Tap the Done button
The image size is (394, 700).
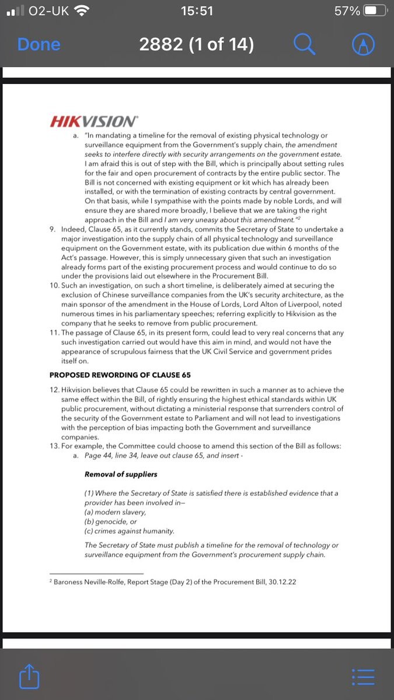[39, 44]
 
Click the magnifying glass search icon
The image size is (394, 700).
[304, 44]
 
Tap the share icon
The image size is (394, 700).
[29, 677]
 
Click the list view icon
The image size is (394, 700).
[363, 677]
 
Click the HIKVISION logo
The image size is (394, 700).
[94, 121]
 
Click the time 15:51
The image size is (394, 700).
[197, 11]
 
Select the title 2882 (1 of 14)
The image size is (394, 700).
[196, 44]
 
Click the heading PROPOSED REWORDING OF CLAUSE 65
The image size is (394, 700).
[120, 374]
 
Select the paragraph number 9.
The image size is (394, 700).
[53, 229]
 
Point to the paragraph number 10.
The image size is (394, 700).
[54, 285]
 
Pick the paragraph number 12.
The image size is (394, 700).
[54, 390]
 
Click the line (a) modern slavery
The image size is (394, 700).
[115, 512]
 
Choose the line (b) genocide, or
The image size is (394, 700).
[111, 521]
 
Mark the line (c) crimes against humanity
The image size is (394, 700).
[130, 531]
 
